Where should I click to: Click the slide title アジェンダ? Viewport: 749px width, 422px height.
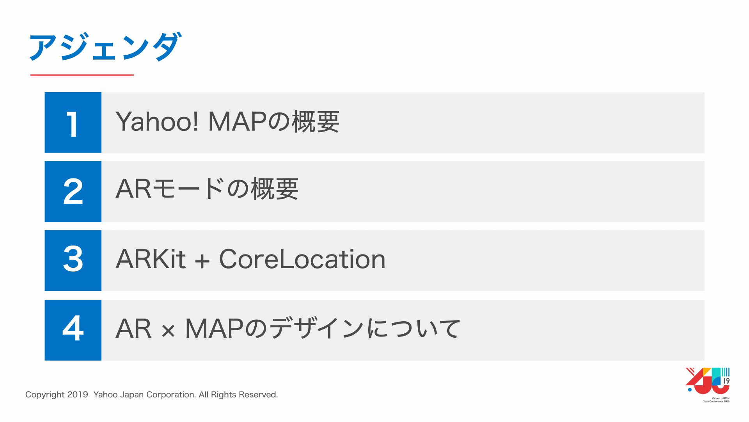pos(105,47)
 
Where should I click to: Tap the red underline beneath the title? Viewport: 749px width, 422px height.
pos(82,75)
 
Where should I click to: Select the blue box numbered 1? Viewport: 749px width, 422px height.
pos(73,123)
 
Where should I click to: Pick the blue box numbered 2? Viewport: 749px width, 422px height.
pos(73,191)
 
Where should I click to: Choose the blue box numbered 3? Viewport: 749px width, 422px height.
pos(73,260)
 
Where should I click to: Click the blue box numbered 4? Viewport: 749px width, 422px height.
pos(73,330)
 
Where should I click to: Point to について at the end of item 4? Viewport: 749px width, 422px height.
pos(414,328)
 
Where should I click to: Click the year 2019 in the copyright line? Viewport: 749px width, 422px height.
pos(77,395)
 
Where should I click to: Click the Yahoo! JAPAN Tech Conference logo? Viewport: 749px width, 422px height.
pos(708,385)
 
